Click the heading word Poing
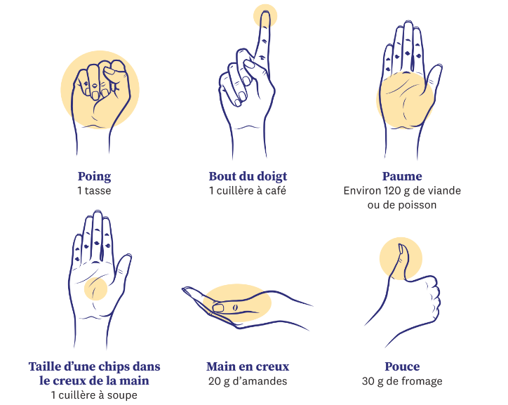(94, 177)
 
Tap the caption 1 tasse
(94, 190)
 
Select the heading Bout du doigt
(248, 177)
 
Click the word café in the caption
(275, 190)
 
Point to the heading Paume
(402, 176)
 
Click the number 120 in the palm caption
(393, 190)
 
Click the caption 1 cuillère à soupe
(94, 395)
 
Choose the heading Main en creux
(248, 366)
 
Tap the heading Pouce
(402, 366)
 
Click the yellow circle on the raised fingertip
(265, 16)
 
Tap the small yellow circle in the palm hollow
(95, 288)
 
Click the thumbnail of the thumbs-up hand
(401, 249)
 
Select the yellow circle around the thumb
(401, 258)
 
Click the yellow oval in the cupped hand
(237, 303)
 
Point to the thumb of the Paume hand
(433, 80)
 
